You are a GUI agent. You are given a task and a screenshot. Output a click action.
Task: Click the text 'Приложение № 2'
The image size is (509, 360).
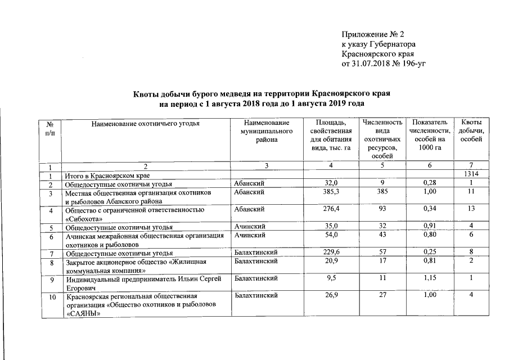click(373, 34)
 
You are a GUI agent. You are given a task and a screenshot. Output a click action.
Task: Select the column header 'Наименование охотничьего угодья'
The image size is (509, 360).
click(146, 123)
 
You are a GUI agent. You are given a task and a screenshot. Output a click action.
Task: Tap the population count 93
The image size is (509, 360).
click(382, 210)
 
